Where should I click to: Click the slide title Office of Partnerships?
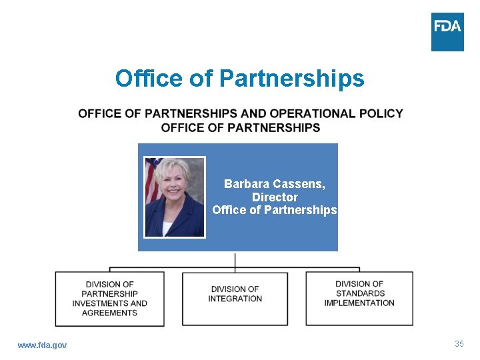[239, 79]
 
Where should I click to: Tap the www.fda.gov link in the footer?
[42, 345]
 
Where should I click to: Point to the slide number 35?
[459, 344]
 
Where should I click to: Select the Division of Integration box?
[235, 298]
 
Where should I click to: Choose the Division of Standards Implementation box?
[359, 298]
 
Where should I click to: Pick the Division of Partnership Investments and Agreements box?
[109, 299]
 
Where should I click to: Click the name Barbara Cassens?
[275, 183]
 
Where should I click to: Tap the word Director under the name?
[275, 197]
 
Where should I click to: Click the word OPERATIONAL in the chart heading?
[307, 113]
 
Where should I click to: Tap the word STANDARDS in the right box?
[360, 293]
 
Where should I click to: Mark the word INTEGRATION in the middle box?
[235, 299]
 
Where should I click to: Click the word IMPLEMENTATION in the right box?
[359, 303]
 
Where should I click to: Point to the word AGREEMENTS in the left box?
[110, 313]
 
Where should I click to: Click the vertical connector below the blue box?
[235, 261]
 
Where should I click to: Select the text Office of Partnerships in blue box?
[275, 210]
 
